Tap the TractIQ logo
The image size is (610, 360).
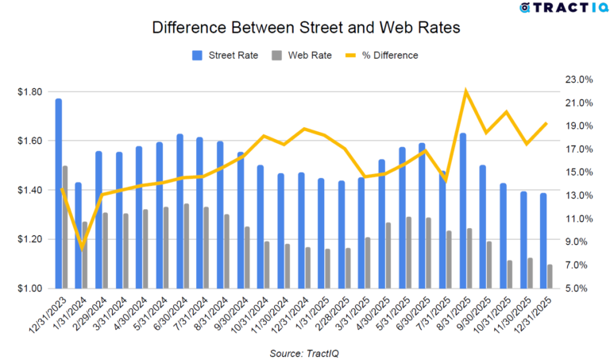click(x=556, y=8)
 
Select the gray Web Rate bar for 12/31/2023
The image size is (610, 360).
click(x=65, y=226)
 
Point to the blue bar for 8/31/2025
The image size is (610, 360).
click(x=463, y=211)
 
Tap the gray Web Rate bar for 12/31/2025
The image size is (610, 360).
click(x=550, y=276)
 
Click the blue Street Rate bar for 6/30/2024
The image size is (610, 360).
click(x=180, y=211)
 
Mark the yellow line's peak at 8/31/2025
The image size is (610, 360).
click(x=466, y=91)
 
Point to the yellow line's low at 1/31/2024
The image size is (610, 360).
click(x=82, y=248)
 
